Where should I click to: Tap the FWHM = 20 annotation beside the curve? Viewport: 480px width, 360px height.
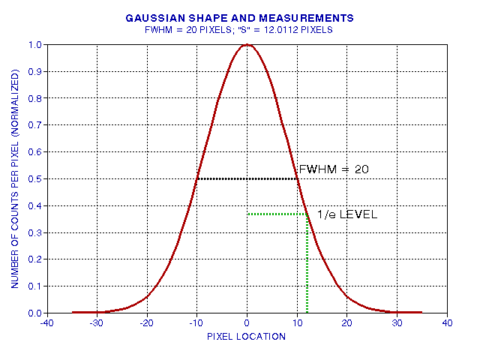click(334, 170)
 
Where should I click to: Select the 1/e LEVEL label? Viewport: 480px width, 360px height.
click(346, 214)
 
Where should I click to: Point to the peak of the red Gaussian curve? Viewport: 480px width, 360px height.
click(247, 45)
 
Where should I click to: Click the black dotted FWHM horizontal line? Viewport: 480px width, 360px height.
click(247, 178)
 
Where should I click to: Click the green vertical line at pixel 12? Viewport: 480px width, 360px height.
click(307, 262)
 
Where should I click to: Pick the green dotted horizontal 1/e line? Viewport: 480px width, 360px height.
click(277, 214)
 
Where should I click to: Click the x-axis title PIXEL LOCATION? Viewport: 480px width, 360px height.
click(247, 336)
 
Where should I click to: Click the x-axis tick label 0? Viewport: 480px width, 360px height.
click(247, 324)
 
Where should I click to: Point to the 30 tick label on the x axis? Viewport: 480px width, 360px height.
click(397, 324)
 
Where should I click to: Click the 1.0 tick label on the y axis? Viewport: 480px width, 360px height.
click(34, 45)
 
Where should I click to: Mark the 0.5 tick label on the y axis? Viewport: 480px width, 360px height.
click(34, 178)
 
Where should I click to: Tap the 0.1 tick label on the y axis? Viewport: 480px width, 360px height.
click(34, 286)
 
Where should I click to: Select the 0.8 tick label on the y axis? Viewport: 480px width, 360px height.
click(34, 98)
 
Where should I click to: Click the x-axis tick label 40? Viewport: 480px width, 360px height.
click(447, 324)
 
